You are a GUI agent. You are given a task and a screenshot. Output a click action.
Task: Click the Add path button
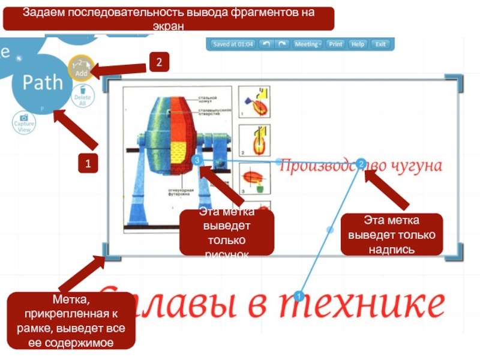point(80,68)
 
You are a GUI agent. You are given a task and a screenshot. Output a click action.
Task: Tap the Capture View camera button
point(24,123)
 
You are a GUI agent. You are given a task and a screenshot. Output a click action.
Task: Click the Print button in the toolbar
point(336,44)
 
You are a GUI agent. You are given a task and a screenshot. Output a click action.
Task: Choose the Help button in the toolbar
point(358,44)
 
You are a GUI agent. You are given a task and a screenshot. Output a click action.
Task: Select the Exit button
point(380,44)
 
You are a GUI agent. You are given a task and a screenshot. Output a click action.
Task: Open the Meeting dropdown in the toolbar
point(308,44)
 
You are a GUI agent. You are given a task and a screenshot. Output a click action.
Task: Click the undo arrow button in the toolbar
point(266,44)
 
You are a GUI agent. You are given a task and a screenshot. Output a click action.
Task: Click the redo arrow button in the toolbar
point(281,44)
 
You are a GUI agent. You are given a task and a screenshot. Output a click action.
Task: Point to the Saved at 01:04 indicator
point(233,44)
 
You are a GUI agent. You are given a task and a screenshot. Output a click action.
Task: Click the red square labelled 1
point(89,162)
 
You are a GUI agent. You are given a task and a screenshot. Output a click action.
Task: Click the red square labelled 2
point(158,62)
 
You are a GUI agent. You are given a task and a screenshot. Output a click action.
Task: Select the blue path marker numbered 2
point(361,163)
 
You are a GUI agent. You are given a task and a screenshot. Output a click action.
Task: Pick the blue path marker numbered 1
point(299,295)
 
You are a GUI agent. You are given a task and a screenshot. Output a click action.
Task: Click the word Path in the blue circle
point(42,82)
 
